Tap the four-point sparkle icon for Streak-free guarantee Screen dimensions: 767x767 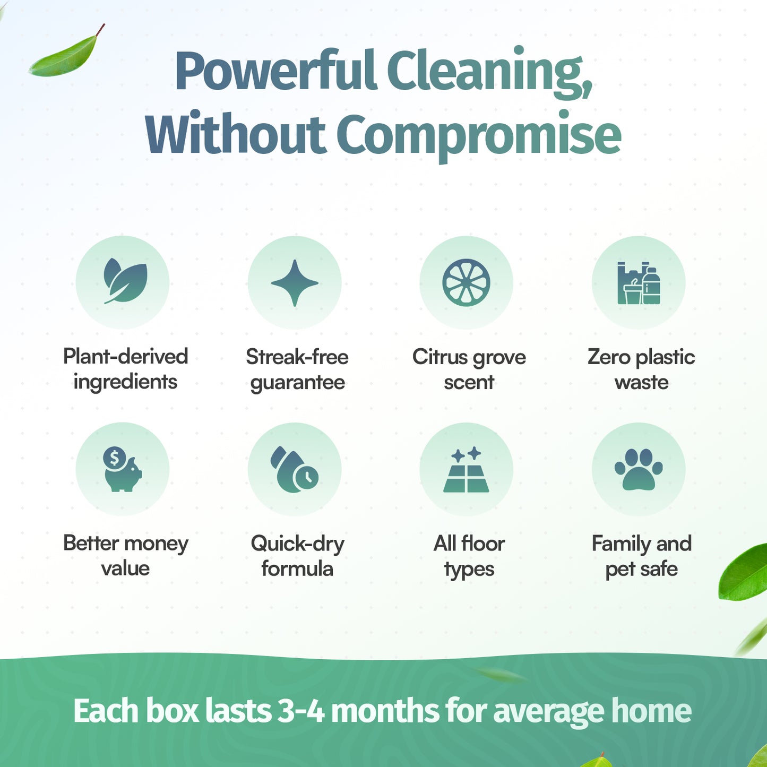point(295,282)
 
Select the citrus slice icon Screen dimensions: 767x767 point(466,282)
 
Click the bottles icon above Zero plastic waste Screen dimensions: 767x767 point(639,283)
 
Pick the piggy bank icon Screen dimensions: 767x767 point(123,470)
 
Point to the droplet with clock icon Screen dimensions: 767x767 point(295,470)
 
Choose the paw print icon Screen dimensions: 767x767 point(639,469)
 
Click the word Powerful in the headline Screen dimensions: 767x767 point(275,72)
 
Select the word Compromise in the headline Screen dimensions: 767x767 point(478,135)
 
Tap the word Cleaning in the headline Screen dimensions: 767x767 point(489,72)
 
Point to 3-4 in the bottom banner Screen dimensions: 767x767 point(301,711)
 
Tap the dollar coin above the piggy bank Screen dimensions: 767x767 point(114,457)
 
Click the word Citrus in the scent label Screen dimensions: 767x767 point(440,357)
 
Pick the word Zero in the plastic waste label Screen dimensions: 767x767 point(609,357)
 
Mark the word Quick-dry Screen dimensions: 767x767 point(297,544)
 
